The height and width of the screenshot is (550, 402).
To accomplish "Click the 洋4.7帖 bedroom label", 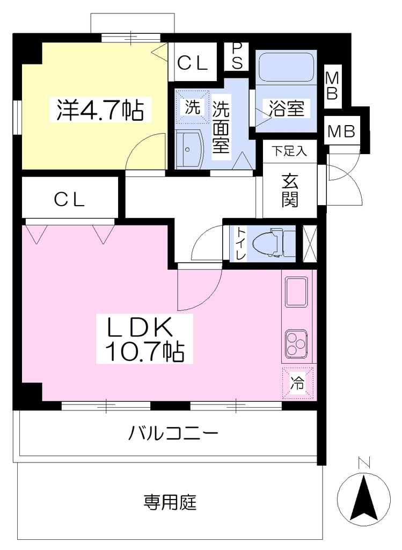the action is pos(100,110).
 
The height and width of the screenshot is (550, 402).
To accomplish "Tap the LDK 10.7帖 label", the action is pos(144,338).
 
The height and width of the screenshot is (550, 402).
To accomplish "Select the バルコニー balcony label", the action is pos(173,433).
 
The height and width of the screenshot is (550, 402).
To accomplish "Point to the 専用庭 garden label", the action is pos(170,502).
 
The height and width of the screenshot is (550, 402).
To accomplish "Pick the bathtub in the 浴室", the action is pos(286,67).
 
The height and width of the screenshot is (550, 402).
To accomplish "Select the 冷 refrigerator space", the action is pos(297,383).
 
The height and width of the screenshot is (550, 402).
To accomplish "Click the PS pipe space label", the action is pos(237,56).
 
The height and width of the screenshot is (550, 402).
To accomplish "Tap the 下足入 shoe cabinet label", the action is pos(289,151).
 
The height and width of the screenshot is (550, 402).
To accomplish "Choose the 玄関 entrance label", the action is pos(290,191).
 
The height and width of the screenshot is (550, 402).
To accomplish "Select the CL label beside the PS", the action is pos(193,63).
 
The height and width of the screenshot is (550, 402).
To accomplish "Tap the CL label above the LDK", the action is pos(69,200).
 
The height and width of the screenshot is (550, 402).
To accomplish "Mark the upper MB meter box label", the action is pos(332,86).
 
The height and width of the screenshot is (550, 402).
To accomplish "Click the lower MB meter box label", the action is pos(342,131).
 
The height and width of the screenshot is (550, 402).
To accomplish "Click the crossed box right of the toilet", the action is pos(310,243).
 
